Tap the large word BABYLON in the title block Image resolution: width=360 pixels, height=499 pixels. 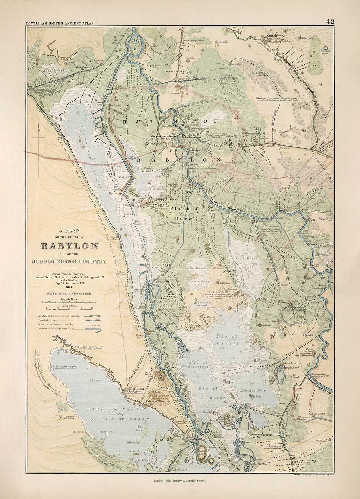[69, 246]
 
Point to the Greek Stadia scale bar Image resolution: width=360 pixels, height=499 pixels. [69, 310]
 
